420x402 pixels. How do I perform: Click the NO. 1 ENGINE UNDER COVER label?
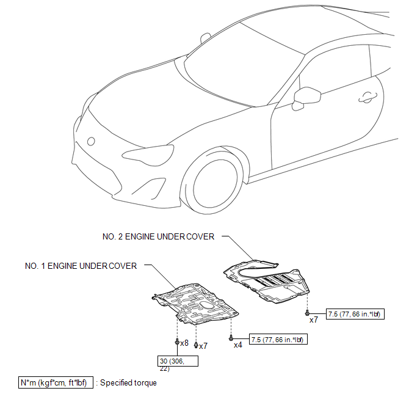pyautogui.click(x=81, y=266)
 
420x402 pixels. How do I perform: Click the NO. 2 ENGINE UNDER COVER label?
pyautogui.click(x=158, y=236)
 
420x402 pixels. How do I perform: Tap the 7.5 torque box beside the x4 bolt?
pyautogui.click(x=278, y=340)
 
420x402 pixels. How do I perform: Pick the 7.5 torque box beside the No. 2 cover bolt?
pyautogui.click(x=355, y=314)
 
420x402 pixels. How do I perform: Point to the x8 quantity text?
pyautogui.click(x=184, y=343)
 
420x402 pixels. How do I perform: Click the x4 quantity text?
pyautogui.click(x=238, y=345)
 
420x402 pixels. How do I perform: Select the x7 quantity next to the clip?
pyautogui.click(x=203, y=346)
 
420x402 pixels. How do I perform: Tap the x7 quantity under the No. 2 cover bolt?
pyautogui.click(x=314, y=320)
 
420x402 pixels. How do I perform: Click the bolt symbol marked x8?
pyautogui.click(x=177, y=342)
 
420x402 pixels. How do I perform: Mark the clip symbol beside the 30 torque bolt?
pyautogui.click(x=196, y=345)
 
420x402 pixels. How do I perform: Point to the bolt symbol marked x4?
pyautogui.click(x=231, y=338)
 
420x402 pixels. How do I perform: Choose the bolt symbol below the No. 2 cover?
pyautogui.click(x=307, y=312)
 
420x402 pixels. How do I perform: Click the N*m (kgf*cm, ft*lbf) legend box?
pyautogui.click(x=56, y=382)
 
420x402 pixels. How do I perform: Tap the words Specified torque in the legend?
pyautogui.click(x=128, y=382)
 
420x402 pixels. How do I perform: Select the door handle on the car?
pyautogui.click(x=367, y=98)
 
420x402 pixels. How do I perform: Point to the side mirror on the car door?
pyautogui.click(x=306, y=98)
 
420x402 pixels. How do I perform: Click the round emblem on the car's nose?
pyautogui.click(x=91, y=141)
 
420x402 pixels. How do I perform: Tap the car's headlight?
pyautogui.click(x=148, y=155)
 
